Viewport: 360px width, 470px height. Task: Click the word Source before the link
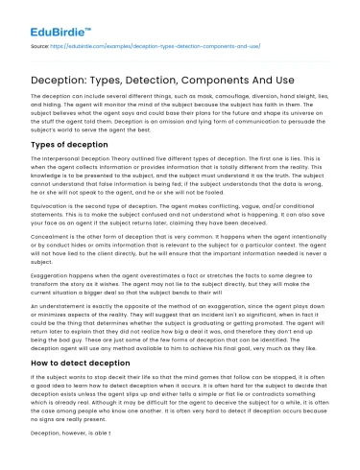[x=41, y=44]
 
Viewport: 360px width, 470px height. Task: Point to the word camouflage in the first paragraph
[x=193, y=97]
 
